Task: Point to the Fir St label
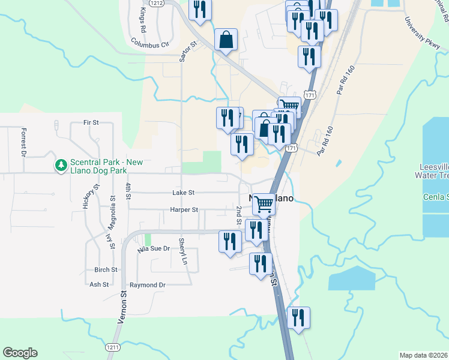click(91, 122)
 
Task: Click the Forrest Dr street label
click(24, 142)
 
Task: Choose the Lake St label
click(183, 193)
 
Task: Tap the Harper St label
click(184, 210)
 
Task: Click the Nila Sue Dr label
click(154, 248)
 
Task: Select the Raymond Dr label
click(147, 285)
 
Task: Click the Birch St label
click(105, 269)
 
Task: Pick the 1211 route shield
click(112, 347)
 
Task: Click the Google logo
click(20, 353)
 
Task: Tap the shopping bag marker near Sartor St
click(226, 40)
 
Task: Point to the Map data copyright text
click(424, 355)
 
